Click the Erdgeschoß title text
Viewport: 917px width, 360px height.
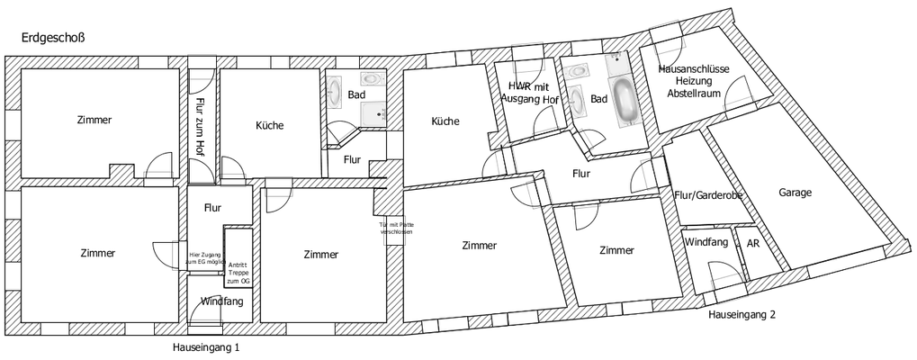pos(52,38)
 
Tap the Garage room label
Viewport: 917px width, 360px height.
pos(796,193)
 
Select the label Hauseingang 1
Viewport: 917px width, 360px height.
pos(206,346)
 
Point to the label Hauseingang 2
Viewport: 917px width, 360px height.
pos(741,315)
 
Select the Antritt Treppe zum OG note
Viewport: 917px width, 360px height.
pos(238,271)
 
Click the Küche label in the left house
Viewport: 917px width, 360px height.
pos(269,126)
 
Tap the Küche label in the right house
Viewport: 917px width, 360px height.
pos(445,121)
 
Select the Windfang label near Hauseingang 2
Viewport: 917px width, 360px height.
pos(706,242)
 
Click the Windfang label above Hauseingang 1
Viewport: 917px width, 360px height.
pos(221,301)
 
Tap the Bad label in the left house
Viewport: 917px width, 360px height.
pos(356,94)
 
